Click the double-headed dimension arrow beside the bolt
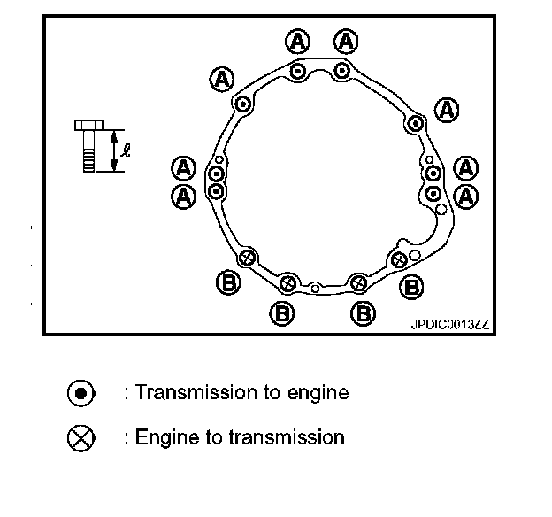113,151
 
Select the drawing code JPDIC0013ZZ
448,325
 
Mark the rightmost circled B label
412,286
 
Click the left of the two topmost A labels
298,41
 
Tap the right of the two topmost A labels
345,41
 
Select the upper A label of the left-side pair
183,167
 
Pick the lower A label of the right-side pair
465,194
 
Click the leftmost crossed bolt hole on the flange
248,257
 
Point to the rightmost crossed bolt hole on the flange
399,259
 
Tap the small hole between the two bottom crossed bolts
316,287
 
